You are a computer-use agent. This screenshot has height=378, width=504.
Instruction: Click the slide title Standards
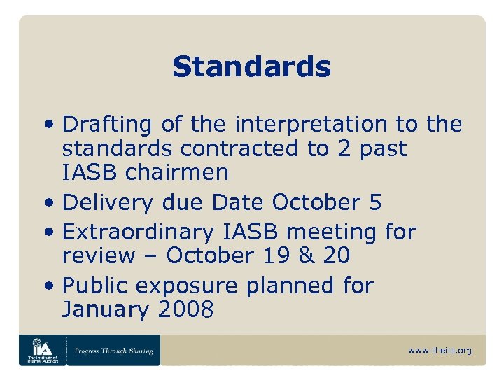coord(251,67)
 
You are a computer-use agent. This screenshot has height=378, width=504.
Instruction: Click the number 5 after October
coord(374,202)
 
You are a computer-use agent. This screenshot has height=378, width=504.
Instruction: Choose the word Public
coord(94,285)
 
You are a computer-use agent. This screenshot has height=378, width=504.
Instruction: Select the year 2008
coord(183,310)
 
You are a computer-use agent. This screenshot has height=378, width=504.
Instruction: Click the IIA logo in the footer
coord(42,350)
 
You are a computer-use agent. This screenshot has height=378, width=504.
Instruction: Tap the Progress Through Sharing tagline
coord(113,350)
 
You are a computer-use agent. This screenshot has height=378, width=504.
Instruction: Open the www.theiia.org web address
coord(440,350)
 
